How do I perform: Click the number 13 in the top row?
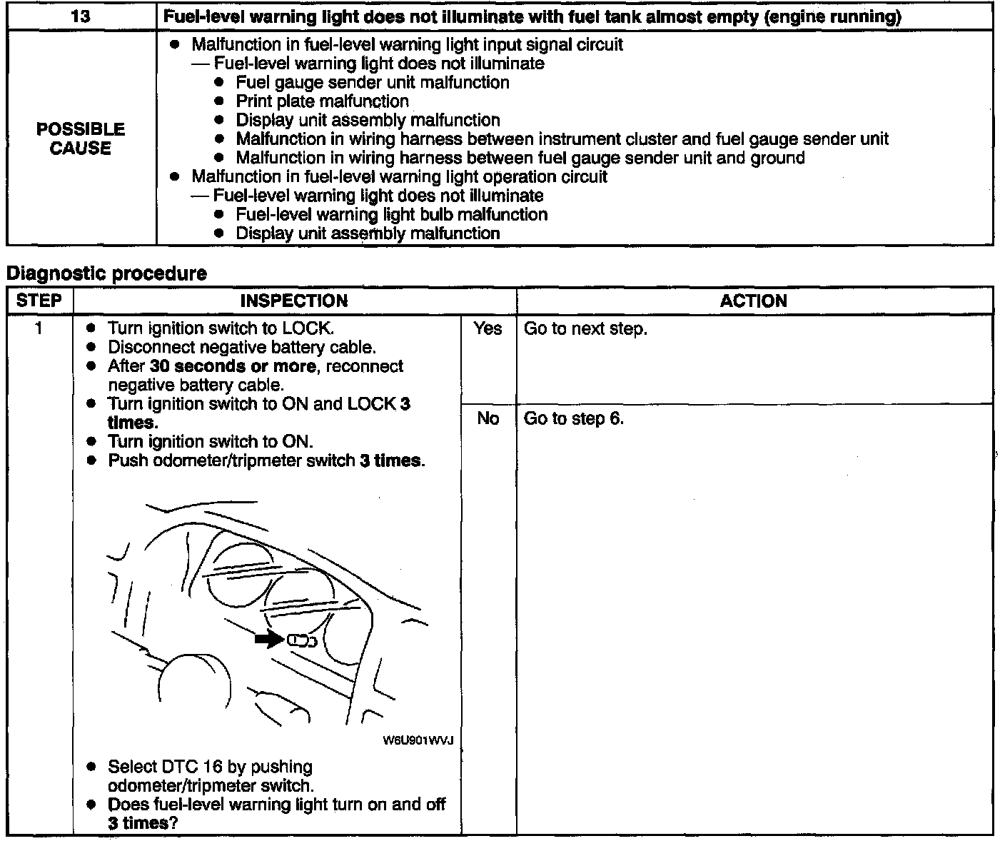[x=81, y=16]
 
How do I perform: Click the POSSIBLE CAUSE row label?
[x=81, y=139]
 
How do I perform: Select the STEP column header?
[x=39, y=301]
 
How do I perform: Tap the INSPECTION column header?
[x=293, y=301]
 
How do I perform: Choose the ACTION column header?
[x=753, y=301]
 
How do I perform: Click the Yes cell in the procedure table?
[x=488, y=329]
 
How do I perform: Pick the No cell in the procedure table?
[x=488, y=418]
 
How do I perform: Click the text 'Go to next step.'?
[x=585, y=329]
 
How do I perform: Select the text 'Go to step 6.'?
[x=573, y=418]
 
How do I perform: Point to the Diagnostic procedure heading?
[x=106, y=273]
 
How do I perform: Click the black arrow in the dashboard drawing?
[x=269, y=640]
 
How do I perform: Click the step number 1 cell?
[x=39, y=329]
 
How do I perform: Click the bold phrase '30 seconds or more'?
[x=232, y=366]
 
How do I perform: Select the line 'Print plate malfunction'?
[x=322, y=101]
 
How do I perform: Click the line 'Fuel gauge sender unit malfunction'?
[x=372, y=82]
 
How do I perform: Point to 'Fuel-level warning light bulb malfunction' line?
[x=391, y=214]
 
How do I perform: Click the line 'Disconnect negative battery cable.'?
[x=241, y=348]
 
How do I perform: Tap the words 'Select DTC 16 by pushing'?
[x=210, y=767]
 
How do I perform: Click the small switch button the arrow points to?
[x=301, y=641]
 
